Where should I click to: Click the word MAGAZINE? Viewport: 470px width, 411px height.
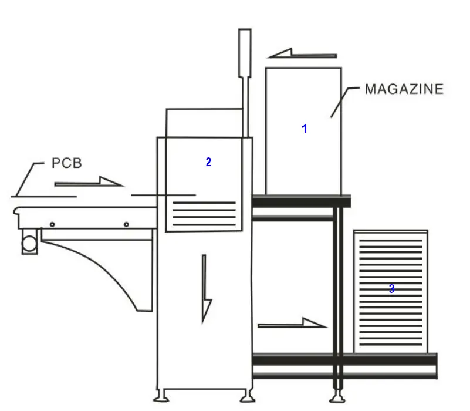pos(404,89)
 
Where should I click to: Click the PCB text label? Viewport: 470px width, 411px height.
pos(67,163)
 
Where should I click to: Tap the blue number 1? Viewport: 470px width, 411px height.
pos(305,129)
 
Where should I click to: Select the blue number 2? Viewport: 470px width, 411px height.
pos(208,163)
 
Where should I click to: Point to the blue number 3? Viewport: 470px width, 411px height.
pos(391,289)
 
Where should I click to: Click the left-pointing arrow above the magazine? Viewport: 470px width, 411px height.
pos(302,55)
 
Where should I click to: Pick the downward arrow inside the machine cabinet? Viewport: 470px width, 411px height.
pos(205,288)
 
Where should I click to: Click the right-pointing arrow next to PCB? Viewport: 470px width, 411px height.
pos(89,183)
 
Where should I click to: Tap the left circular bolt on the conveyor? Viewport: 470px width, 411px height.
pos(52,224)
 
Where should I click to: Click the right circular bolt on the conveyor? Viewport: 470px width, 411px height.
pos(126,224)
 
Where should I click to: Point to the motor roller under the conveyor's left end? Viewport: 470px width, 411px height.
pos(29,241)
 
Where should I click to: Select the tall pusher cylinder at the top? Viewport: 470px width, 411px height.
pos(245,53)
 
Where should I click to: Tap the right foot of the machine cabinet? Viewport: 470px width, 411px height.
pos(249,396)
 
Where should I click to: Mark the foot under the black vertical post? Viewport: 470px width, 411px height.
pos(336,395)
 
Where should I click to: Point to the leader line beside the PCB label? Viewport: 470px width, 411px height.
pos(26,176)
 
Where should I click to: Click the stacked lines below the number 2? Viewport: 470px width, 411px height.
pos(204,214)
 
